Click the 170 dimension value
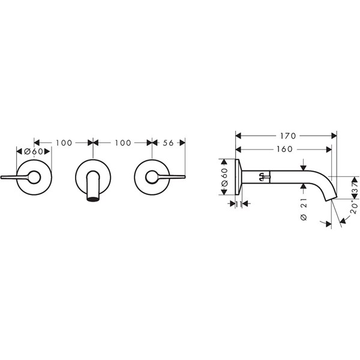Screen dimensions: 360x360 coord(288,136)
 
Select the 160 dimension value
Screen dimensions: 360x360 coord(284,149)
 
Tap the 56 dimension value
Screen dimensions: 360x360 coord(168,143)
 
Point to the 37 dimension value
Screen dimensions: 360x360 coord(355,187)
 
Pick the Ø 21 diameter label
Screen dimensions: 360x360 coord(304,209)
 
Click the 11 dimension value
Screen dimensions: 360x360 coord(239,203)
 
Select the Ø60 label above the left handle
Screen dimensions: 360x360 coord(34,151)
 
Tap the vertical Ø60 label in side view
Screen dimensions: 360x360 coord(224,177)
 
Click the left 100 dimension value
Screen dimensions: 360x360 coord(64,143)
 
